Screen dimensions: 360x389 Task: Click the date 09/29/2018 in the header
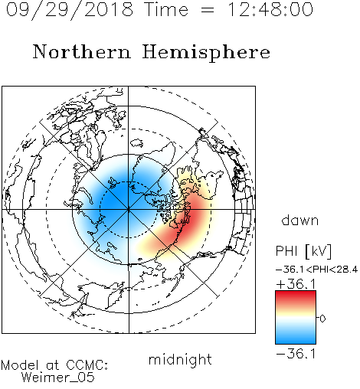pos(70,10)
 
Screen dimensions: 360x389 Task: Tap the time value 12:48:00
pos(270,9)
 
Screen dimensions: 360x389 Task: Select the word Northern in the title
pos(82,51)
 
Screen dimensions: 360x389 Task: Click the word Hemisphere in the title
pos(206,53)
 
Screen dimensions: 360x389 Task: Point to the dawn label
pos(300,221)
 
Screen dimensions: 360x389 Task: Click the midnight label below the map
pos(180,360)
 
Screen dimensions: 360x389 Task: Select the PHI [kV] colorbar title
pos(303,251)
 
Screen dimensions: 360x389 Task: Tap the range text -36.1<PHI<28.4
pos(316,270)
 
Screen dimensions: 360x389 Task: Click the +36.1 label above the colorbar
pos(296,284)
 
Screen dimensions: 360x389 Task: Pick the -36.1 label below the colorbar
pos(296,354)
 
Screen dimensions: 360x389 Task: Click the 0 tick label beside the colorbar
pos(322,319)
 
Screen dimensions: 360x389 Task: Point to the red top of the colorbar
pos(296,295)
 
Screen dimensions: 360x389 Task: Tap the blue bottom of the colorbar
pos(296,339)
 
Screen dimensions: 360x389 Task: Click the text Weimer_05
pos(58,378)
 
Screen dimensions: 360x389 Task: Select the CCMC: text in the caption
pos(87,364)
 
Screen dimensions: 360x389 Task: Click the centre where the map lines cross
pos(129,210)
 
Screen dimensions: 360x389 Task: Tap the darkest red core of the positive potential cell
pos(192,220)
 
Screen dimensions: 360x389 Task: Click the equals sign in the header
pos(208,10)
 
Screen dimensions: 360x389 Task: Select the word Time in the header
pos(166,9)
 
